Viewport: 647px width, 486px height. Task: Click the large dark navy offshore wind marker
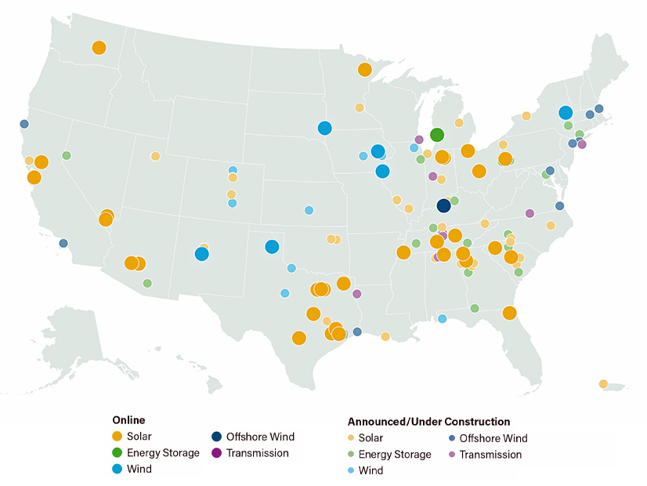(443, 205)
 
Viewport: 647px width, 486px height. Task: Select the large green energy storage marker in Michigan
(437, 134)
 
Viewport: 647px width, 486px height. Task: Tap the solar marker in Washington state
(99, 48)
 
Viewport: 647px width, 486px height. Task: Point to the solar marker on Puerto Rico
(603, 384)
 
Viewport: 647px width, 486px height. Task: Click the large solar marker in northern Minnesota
(364, 70)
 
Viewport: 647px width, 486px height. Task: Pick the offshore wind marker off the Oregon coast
(24, 124)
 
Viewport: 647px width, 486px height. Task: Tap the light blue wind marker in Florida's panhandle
(443, 318)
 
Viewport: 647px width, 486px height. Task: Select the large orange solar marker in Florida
(509, 313)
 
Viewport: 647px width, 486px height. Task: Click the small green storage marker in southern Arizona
(147, 283)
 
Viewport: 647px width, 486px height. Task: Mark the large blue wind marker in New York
(566, 112)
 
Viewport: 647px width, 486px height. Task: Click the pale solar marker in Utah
(156, 156)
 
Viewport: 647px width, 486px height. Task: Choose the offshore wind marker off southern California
(63, 243)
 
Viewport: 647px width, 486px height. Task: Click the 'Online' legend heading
(128, 420)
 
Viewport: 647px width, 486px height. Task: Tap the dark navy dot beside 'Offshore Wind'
(216, 437)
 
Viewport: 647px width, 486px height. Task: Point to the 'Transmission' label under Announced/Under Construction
(490, 455)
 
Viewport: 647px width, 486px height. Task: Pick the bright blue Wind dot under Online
(117, 469)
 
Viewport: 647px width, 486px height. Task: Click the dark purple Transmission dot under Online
(216, 452)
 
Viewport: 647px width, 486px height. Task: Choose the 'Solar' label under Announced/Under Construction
(371, 438)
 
